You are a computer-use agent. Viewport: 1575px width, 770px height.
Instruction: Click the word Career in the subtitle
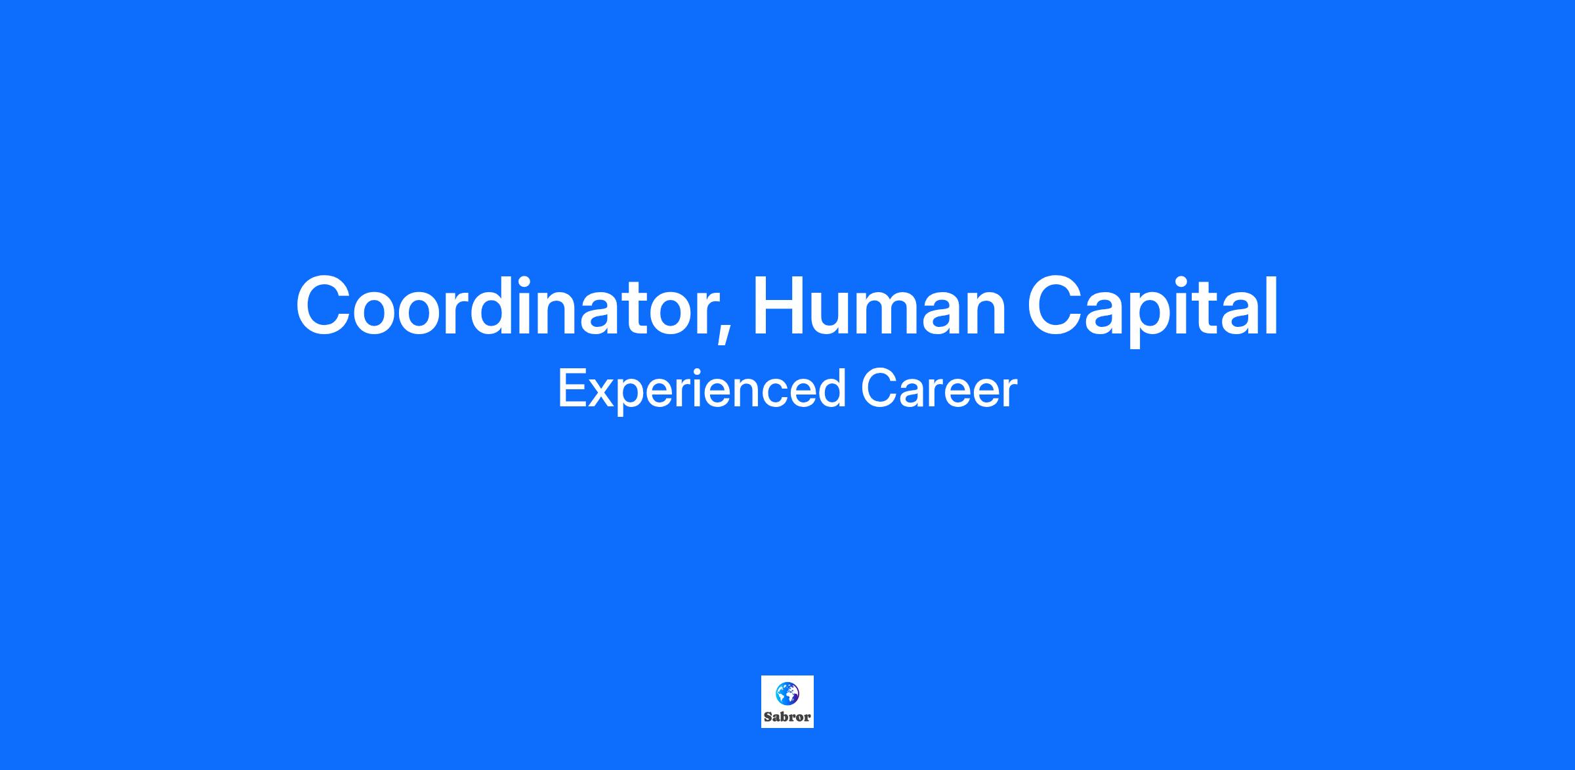[x=938, y=389]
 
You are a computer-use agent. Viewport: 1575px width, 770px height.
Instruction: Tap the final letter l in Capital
[x=1272, y=306]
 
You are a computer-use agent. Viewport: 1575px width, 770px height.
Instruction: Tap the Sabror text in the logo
[x=787, y=717]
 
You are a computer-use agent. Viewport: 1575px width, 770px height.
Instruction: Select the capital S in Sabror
[x=767, y=717]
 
